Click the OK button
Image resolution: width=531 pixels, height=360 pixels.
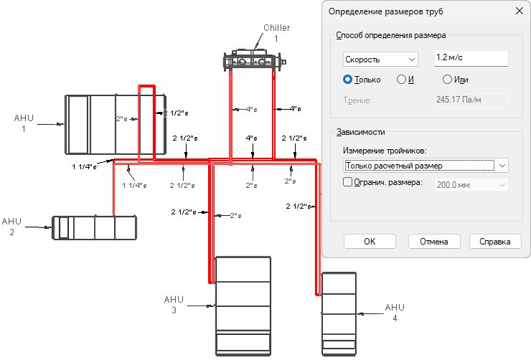[x=370, y=242]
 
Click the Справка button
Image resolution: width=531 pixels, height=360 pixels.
[x=495, y=242]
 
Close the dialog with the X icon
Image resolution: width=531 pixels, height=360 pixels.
[x=519, y=11]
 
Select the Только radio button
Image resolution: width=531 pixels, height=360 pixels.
[x=347, y=80]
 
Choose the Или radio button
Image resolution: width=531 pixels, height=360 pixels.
[x=447, y=80]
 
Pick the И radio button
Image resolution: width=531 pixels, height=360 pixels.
[x=401, y=80]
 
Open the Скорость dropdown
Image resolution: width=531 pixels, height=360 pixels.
[x=380, y=60]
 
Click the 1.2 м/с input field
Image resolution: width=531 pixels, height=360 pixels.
[x=471, y=58]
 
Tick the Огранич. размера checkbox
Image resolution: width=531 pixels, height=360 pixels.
[x=348, y=182]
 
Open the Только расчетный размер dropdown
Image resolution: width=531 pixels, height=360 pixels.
[x=426, y=166]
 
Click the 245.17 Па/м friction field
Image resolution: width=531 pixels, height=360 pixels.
[x=471, y=100]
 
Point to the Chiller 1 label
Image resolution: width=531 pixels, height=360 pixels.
[x=277, y=33]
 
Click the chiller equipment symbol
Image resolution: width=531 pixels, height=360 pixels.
[x=255, y=60]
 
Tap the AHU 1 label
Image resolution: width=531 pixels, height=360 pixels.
[x=24, y=123]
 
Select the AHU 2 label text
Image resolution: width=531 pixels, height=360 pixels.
[x=12, y=227]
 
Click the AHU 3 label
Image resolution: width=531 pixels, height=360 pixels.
[x=174, y=305]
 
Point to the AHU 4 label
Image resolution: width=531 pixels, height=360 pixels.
[x=395, y=312]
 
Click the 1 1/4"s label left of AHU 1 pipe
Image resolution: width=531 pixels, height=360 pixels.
[x=85, y=167]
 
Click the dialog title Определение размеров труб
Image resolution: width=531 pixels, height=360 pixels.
[x=386, y=11]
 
